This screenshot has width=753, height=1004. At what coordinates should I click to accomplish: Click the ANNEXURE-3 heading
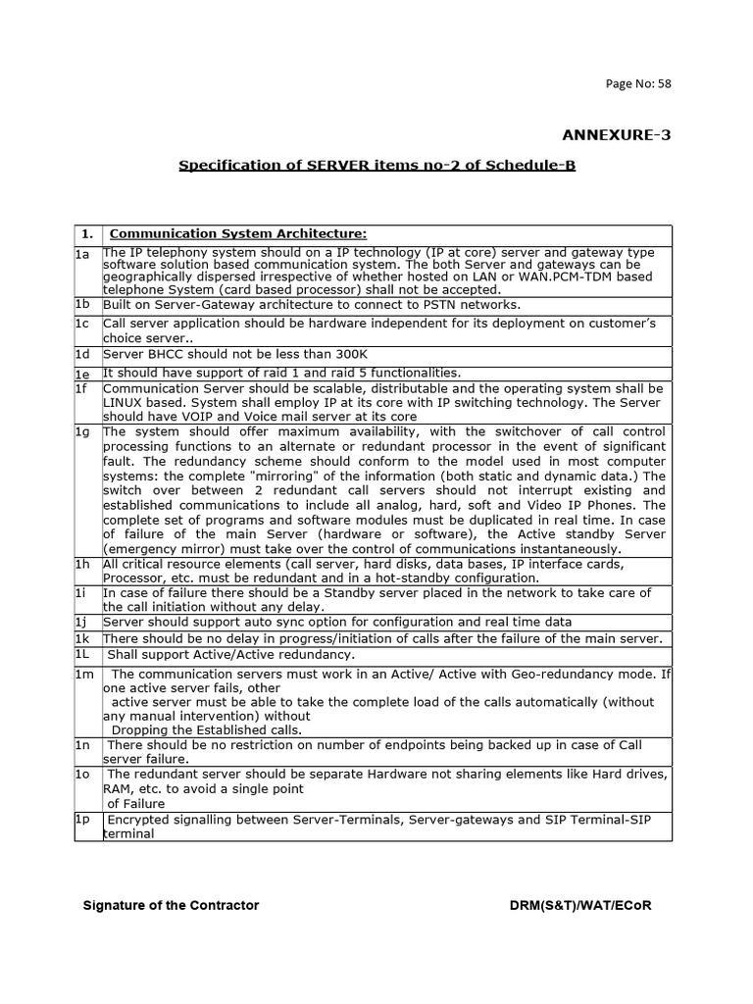(x=615, y=134)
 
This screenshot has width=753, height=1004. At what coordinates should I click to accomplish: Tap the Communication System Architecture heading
(x=238, y=233)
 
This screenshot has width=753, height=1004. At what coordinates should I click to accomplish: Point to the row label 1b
(x=82, y=305)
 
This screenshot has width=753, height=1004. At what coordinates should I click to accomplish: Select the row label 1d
(x=82, y=354)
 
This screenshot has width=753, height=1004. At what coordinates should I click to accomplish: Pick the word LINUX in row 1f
(x=125, y=403)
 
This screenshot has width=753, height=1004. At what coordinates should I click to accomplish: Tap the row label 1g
(x=82, y=431)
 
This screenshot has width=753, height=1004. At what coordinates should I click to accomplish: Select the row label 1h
(x=82, y=565)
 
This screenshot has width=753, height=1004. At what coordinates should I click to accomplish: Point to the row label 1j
(x=82, y=623)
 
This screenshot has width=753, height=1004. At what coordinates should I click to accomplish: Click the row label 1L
(x=82, y=654)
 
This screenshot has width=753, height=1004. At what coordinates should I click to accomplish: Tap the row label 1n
(x=82, y=746)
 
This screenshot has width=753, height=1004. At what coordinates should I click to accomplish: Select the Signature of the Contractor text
(x=171, y=905)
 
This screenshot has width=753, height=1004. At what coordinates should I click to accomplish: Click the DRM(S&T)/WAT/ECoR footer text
(x=574, y=905)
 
